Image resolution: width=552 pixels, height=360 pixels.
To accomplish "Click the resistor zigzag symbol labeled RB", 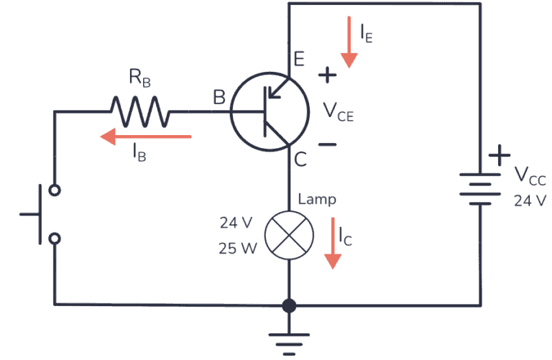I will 140,111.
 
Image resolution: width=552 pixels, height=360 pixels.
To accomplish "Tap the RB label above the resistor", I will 140,80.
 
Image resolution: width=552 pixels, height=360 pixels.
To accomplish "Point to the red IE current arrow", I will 350,42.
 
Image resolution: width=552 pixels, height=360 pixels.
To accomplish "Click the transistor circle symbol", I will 267,111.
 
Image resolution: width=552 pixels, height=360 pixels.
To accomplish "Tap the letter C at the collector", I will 300,160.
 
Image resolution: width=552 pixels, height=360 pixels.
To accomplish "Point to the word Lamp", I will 316,199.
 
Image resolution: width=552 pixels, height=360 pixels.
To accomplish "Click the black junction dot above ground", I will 289,305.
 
